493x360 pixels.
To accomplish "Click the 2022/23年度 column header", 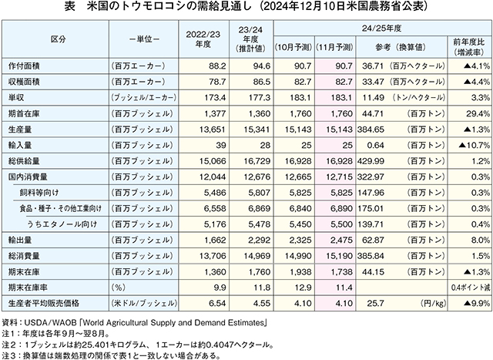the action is tap(203, 39).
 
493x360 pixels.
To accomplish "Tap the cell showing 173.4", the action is tap(215, 98).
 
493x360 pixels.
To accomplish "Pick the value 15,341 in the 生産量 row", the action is tap(257, 130).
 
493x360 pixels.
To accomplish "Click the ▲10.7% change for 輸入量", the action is tap(475, 145).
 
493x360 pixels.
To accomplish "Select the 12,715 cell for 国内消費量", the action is tap(339, 177).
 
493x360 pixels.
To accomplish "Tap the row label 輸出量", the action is tap(20, 240).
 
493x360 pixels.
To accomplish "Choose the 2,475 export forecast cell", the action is tap(341, 240).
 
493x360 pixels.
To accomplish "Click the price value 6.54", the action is tap(217, 304).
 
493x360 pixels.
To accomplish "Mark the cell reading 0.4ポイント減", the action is tap(471, 288).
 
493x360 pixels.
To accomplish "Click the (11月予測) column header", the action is tap(334, 48).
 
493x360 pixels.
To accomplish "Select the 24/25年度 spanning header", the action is tap(381, 29).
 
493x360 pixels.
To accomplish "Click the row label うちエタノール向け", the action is tap(62, 224).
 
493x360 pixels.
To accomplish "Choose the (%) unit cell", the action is tap(119, 288).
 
